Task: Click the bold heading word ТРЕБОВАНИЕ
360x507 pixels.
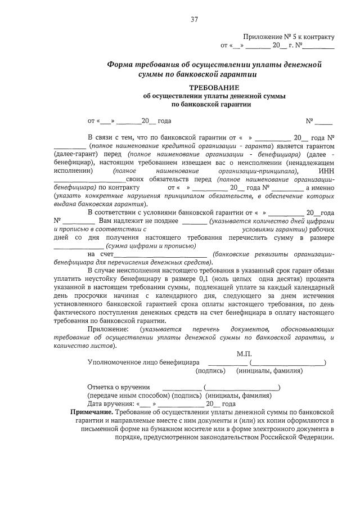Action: point(214,88)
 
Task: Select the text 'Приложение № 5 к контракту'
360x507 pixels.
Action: point(289,37)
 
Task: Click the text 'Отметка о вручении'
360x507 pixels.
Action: point(118,387)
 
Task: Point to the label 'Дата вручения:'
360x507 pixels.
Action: point(110,403)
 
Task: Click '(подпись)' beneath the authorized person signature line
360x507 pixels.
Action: point(210,371)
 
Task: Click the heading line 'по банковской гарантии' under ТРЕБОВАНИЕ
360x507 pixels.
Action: point(214,104)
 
